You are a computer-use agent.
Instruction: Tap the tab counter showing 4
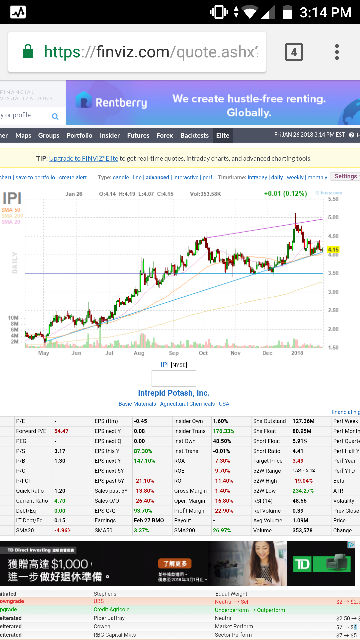(294, 52)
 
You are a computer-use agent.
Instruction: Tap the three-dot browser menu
(337, 52)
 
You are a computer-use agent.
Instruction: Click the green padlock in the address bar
(28, 52)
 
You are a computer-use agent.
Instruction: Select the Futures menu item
(138, 135)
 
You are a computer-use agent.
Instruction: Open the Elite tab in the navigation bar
(223, 135)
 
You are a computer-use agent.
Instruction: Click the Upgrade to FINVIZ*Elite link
(84, 158)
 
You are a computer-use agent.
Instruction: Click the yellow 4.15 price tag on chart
(333, 250)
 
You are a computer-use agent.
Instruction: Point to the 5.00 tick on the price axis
(333, 217)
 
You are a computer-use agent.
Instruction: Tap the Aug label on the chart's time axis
(139, 353)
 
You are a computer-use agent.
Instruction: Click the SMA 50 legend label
(11, 210)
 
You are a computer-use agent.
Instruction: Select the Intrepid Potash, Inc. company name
(174, 393)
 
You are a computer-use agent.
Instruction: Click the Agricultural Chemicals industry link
(187, 404)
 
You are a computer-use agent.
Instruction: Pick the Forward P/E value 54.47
(61, 431)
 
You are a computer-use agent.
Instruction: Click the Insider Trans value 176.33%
(223, 431)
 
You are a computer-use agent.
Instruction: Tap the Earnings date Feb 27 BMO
(149, 520)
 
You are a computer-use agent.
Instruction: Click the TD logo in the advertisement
(302, 564)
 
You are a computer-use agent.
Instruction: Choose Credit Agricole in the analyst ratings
(111, 609)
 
